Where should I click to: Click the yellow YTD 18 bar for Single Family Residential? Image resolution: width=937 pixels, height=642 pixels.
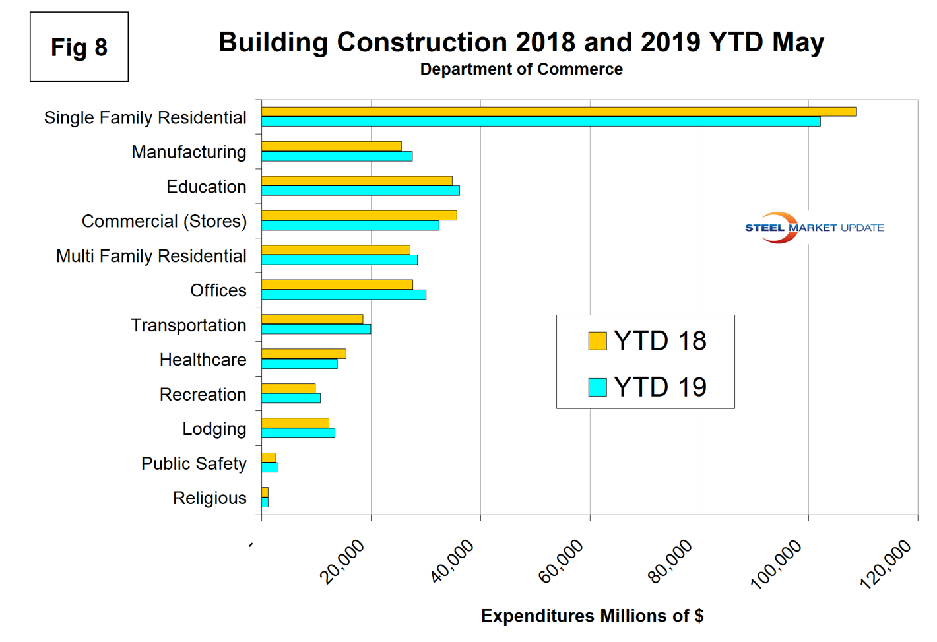pos(559,112)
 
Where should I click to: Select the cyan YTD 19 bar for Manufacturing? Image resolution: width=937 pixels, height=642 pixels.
pos(337,156)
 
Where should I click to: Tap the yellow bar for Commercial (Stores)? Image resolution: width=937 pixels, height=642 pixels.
pos(359,215)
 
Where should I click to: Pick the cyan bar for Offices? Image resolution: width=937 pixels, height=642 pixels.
pos(343,294)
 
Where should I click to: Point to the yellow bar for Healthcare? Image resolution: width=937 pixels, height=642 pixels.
pos(304,354)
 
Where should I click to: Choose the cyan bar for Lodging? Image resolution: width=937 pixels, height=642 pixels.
pos(298,433)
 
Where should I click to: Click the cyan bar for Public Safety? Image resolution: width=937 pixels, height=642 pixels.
pos(270,467)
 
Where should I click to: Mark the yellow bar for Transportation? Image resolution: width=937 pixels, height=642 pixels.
pos(312,319)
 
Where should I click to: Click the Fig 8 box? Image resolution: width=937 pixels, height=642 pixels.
pos(79,47)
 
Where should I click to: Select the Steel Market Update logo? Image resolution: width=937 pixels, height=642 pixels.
pos(814,228)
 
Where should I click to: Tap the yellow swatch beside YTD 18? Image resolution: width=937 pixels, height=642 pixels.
pos(597,341)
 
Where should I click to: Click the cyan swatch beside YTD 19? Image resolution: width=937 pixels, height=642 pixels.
pos(597,387)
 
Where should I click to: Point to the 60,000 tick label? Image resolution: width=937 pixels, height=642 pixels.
pos(562,562)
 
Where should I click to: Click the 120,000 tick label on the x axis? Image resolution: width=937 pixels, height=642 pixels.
pos(886,563)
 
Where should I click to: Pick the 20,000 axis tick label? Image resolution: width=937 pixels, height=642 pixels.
pos(342,562)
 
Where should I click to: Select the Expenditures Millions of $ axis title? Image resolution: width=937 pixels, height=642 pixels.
pos(592,616)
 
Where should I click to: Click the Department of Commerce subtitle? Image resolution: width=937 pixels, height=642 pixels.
pos(521,69)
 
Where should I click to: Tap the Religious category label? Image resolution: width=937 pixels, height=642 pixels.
pos(209,498)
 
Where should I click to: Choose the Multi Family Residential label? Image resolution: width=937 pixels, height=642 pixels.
pos(151,256)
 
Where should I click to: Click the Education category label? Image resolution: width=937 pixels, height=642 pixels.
pos(206,187)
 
